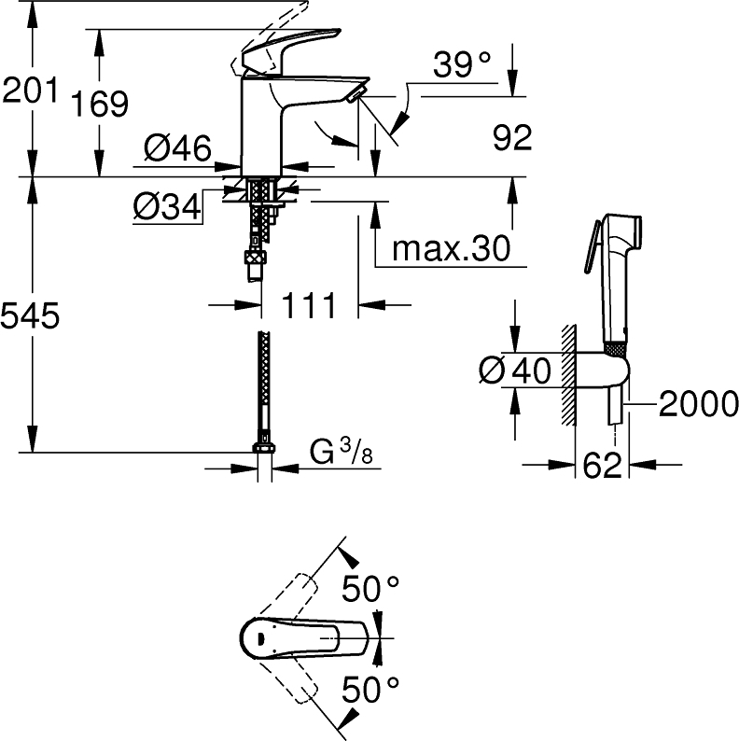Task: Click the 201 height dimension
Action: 30,90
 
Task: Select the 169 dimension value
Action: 100,103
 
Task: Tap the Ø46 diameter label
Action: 177,147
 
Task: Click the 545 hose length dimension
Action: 30,315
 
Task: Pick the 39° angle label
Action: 462,64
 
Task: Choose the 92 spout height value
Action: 512,137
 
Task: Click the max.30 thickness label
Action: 452,248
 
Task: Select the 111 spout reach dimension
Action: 309,305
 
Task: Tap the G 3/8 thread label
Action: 342,453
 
